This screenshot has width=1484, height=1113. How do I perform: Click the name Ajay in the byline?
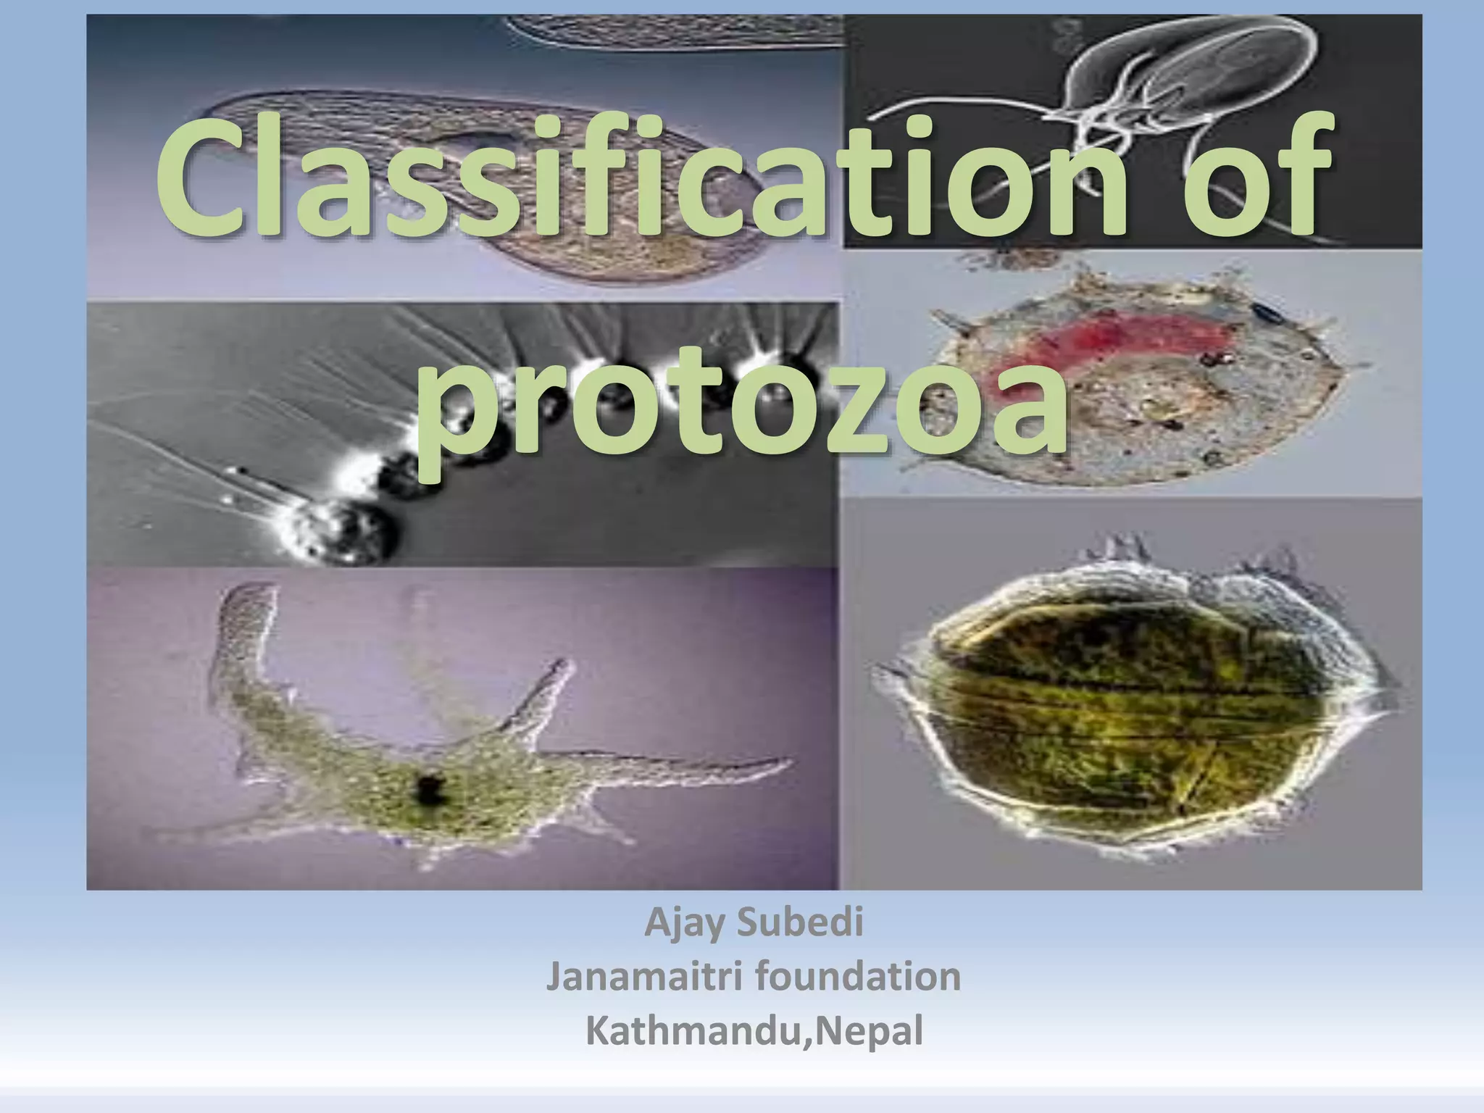click(x=685, y=924)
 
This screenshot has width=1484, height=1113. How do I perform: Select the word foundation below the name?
click(x=858, y=977)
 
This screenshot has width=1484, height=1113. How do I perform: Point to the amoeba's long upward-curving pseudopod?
click(x=246, y=638)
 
